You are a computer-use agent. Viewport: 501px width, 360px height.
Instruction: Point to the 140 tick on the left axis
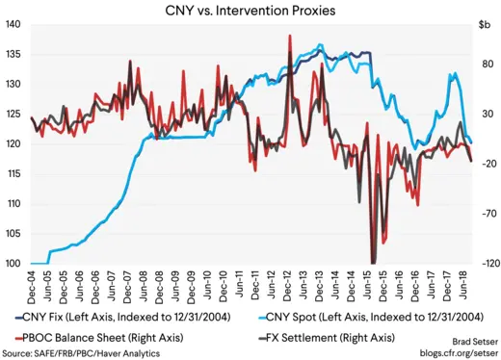point(14,25)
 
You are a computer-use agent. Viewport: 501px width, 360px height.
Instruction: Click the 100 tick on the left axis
point(14,263)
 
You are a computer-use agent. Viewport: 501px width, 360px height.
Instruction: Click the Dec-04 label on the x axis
point(32,284)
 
